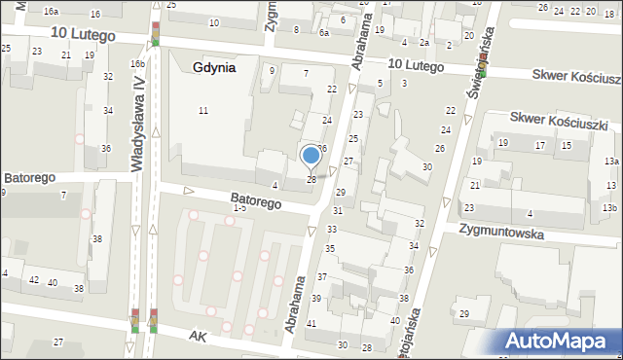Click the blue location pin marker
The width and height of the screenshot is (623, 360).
pos(311,156)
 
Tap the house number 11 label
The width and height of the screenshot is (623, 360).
pos(202,111)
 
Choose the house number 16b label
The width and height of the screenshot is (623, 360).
pos(138,64)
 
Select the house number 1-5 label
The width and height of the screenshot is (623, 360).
pos(239,208)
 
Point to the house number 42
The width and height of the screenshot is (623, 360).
pos(34,280)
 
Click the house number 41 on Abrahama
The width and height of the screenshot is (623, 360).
pos(311,323)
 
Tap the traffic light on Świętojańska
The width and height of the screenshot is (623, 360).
pos(482,70)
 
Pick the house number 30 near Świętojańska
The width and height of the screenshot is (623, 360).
pos(426,167)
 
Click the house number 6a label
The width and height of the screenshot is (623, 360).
pos(324,33)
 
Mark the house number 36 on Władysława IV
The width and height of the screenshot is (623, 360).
pos(105,148)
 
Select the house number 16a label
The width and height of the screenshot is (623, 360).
pos(51,11)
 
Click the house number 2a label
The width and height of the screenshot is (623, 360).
pos(424,43)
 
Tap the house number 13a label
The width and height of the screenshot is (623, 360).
pos(610,162)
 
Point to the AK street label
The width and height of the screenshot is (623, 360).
pos(199,334)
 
